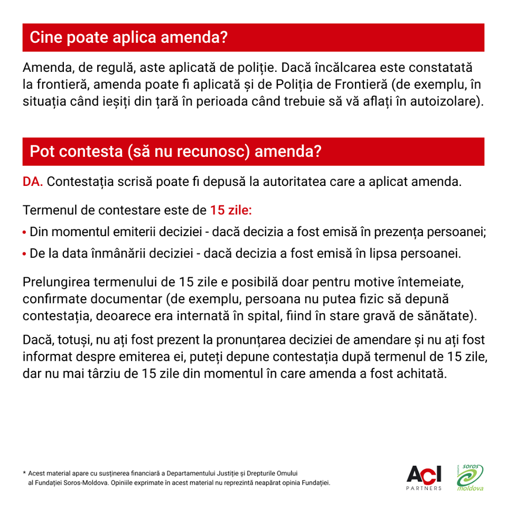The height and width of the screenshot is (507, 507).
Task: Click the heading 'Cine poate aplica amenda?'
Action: [x=128, y=37]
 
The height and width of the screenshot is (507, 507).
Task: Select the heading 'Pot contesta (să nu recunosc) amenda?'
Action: [x=175, y=152]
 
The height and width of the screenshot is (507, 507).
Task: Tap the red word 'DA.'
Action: [x=33, y=182]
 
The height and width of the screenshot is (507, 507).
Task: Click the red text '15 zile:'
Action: [x=231, y=210]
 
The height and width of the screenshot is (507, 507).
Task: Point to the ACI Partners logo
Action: [x=424, y=475]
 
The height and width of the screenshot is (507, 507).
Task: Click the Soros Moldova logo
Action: [x=470, y=477]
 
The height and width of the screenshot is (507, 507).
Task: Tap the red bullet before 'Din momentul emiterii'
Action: [x=25, y=232]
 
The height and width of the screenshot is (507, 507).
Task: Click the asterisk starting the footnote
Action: [x=24, y=473]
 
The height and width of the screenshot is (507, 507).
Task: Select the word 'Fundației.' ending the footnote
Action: [x=315, y=483]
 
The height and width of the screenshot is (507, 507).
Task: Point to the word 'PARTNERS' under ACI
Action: [x=424, y=489]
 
